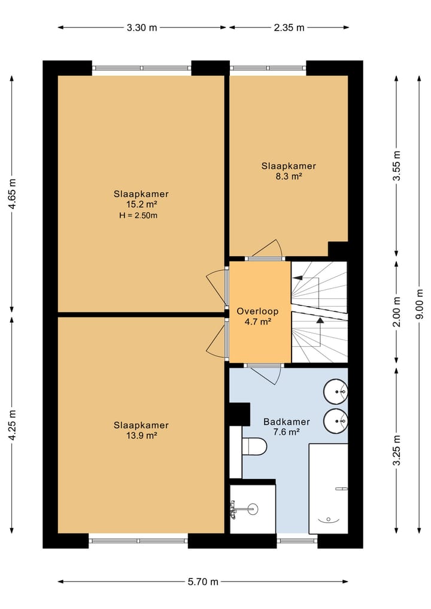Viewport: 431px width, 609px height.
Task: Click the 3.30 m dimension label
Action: click(142, 28)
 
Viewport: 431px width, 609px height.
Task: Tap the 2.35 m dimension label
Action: click(289, 28)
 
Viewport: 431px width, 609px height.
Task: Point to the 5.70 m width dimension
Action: click(203, 581)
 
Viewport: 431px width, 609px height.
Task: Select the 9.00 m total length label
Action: click(420, 304)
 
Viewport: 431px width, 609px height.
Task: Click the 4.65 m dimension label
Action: click(12, 194)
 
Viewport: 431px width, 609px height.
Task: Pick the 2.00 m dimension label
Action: click(396, 312)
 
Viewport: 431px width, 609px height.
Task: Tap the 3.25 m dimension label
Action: click(396, 450)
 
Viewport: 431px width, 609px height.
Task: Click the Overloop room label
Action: click(257, 311)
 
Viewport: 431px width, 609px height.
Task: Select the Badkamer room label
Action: click(287, 422)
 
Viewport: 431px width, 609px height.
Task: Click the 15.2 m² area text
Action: click(141, 204)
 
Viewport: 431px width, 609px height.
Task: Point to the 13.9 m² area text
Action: click(141, 435)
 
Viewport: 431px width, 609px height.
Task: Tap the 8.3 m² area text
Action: click(288, 176)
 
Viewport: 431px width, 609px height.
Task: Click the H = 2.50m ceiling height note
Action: click(138, 216)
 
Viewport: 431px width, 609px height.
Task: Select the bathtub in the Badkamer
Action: click(328, 489)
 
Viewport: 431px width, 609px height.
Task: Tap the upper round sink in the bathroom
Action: click(335, 392)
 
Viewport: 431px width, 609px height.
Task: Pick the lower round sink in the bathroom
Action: click(335, 420)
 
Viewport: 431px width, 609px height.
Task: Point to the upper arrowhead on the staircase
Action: click(298, 278)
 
